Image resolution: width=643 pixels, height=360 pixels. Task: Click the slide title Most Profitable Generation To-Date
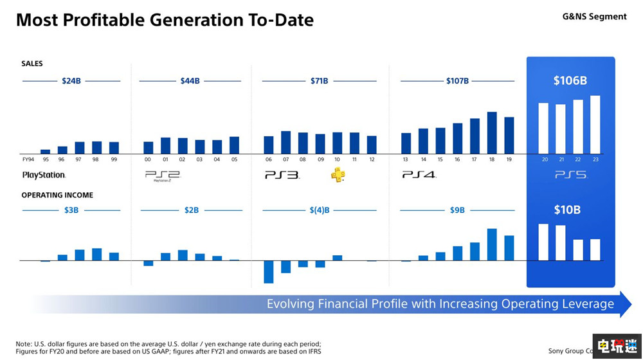point(165,20)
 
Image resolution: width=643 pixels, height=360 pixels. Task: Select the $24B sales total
point(71,81)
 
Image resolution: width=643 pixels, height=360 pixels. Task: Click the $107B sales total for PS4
point(457,81)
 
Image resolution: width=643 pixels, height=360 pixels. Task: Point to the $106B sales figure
point(570,81)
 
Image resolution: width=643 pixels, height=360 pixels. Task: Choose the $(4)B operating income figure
point(319,210)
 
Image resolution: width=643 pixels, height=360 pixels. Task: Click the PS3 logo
point(282,174)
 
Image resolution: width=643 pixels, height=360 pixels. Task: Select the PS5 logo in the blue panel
point(571,174)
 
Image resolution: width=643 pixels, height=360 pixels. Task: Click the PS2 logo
point(161,175)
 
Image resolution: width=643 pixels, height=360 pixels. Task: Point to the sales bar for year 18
point(492,132)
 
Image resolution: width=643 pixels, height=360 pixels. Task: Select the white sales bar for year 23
point(595,125)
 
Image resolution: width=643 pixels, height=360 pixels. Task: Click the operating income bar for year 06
point(268,271)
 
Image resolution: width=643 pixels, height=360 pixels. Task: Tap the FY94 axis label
point(28,159)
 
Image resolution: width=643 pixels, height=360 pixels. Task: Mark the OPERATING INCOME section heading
point(57,195)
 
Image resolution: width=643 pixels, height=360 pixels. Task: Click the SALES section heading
point(32,64)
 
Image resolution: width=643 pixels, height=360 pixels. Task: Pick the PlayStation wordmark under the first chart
point(44,175)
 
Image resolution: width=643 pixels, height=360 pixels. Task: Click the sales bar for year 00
point(148,147)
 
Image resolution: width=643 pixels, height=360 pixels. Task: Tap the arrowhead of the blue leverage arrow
point(625,303)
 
